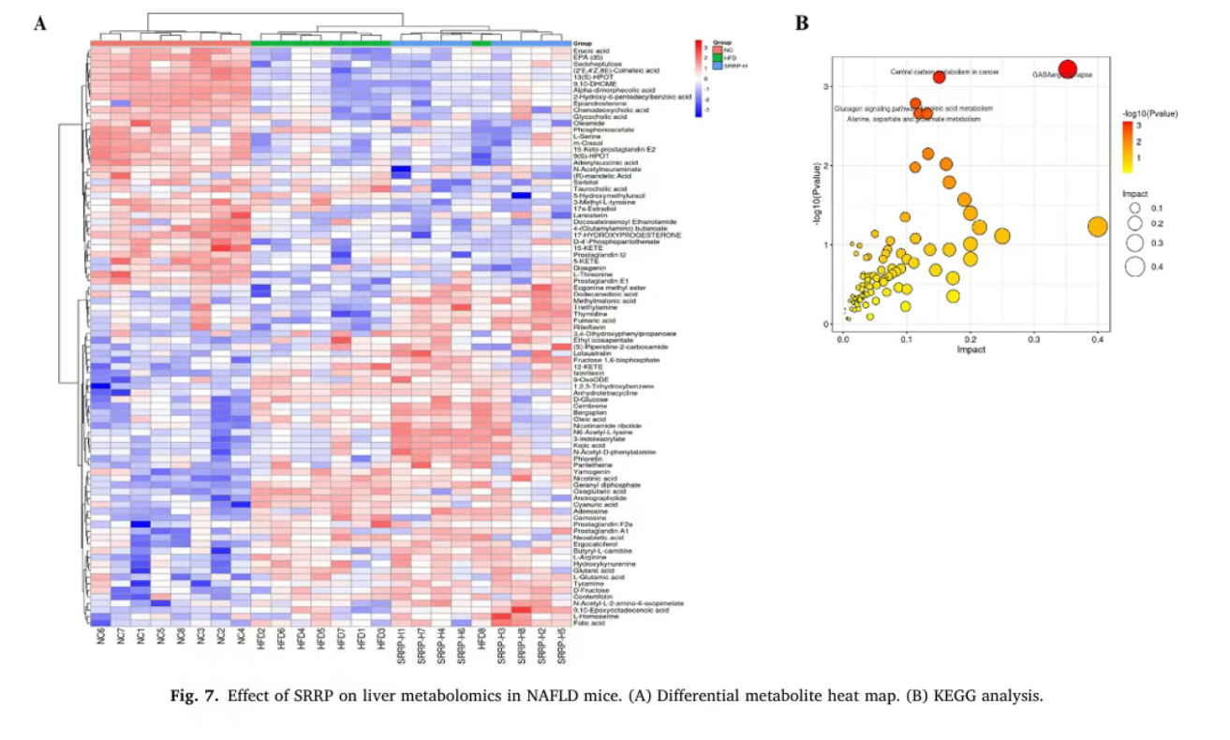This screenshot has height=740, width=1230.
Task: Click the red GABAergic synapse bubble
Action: click(x=1067, y=68)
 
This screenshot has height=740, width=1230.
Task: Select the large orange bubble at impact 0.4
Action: click(x=1097, y=226)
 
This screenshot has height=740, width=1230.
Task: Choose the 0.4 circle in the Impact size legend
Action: click(x=1135, y=267)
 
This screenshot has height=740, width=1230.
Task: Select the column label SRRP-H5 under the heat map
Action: click(x=562, y=645)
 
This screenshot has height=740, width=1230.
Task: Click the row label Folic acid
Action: click(x=587, y=623)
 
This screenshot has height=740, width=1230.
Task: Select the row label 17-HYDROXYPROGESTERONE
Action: click(x=615, y=234)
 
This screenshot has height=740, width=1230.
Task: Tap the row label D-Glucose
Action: click(x=589, y=399)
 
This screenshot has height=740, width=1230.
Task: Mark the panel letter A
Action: click(x=39, y=23)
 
